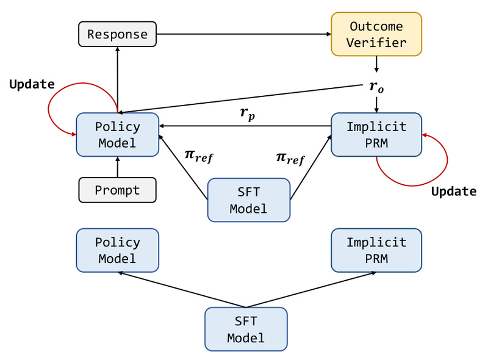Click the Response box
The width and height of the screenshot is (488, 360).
click(x=117, y=34)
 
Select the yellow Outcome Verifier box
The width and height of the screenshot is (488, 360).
click(x=376, y=34)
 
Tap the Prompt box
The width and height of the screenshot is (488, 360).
click(x=117, y=190)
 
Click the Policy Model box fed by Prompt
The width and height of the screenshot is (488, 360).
click(x=117, y=134)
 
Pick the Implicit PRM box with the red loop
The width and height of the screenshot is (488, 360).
click(x=376, y=134)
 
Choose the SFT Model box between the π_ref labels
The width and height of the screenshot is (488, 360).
click(x=249, y=200)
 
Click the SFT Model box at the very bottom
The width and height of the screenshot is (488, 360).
click(x=246, y=329)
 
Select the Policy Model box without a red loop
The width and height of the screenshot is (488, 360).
click(x=117, y=250)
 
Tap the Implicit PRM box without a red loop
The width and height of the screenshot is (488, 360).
click(x=376, y=250)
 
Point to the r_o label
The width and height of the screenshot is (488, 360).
click(x=377, y=87)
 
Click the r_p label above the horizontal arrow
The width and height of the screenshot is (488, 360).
click(x=247, y=113)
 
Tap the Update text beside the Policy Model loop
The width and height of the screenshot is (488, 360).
click(x=32, y=84)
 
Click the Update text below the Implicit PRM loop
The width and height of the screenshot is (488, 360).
click(x=454, y=191)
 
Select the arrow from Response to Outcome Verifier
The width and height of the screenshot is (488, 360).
click(x=244, y=34)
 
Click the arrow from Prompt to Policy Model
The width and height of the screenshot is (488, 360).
click(x=117, y=167)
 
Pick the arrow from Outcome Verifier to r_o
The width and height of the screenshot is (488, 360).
click(x=376, y=63)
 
